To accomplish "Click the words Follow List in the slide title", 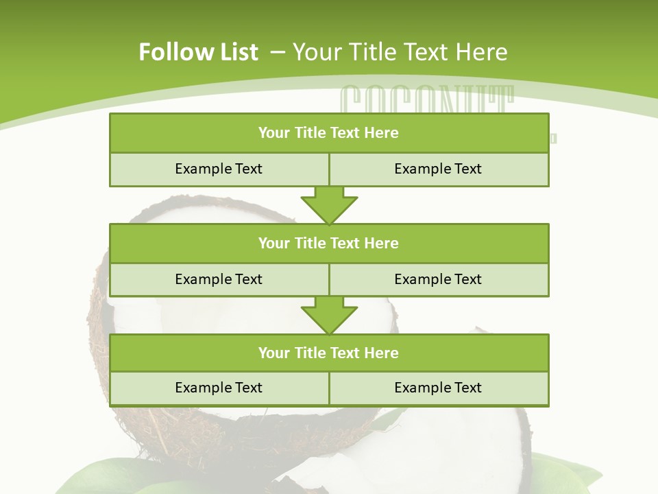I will point(198,52).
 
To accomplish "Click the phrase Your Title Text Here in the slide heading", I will point(400,52).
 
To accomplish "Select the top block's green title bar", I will point(329,133).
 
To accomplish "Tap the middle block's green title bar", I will point(329,243).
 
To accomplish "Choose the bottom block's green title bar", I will point(329,353).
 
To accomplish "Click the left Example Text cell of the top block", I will point(219,169).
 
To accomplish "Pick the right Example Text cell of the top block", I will point(438,169).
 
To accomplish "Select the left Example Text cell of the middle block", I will point(219,279).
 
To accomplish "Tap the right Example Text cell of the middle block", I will point(438,279).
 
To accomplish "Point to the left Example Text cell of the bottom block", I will point(219,388).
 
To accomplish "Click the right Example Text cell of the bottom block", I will point(438,388).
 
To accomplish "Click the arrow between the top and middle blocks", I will point(329,204).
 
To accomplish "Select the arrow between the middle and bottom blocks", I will point(329,314).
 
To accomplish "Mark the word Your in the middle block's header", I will point(273,243).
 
